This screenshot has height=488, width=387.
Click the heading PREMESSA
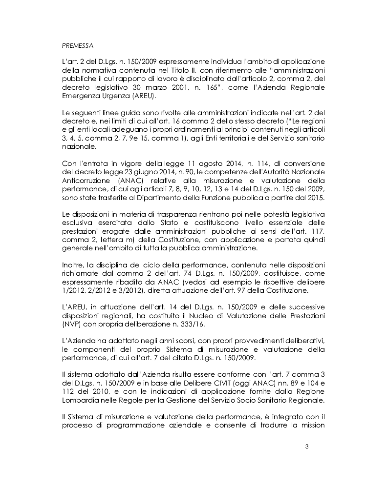point(78,45)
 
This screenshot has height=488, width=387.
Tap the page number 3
point(306,446)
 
